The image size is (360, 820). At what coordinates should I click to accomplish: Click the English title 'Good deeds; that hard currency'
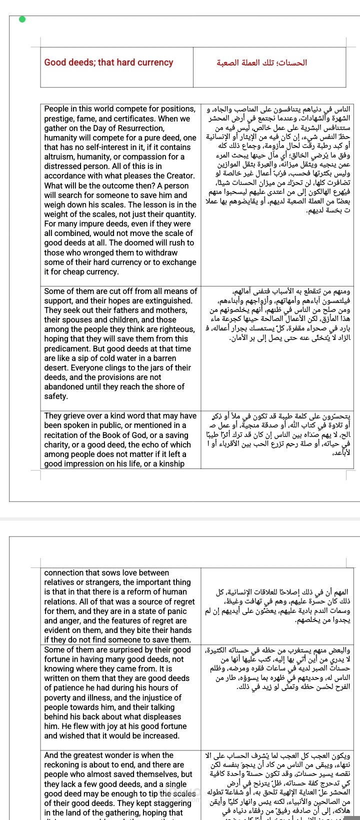[108, 62]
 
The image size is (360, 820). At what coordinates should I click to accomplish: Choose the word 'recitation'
[62, 435]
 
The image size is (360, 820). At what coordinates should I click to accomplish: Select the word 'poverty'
[58, 697]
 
